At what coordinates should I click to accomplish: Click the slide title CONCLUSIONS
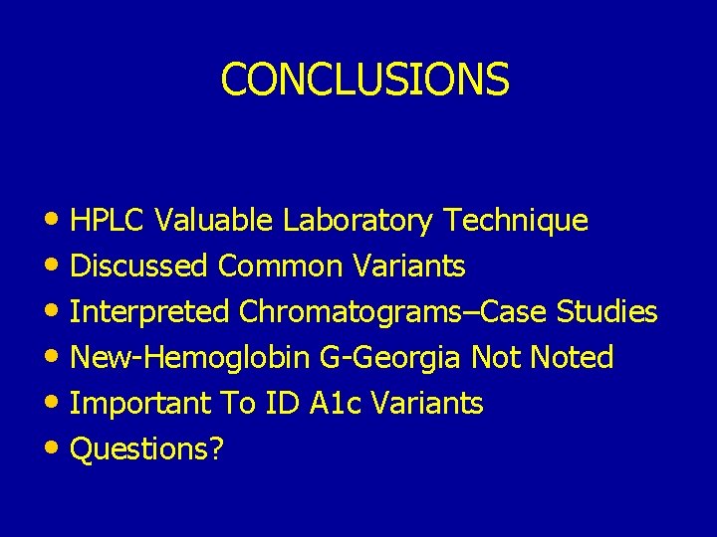[x=364, y=80]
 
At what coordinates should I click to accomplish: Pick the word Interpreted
[x=150, y=312]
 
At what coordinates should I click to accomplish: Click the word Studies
[x=606, y=312]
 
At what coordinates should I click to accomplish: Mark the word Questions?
[x=148, y=449]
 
